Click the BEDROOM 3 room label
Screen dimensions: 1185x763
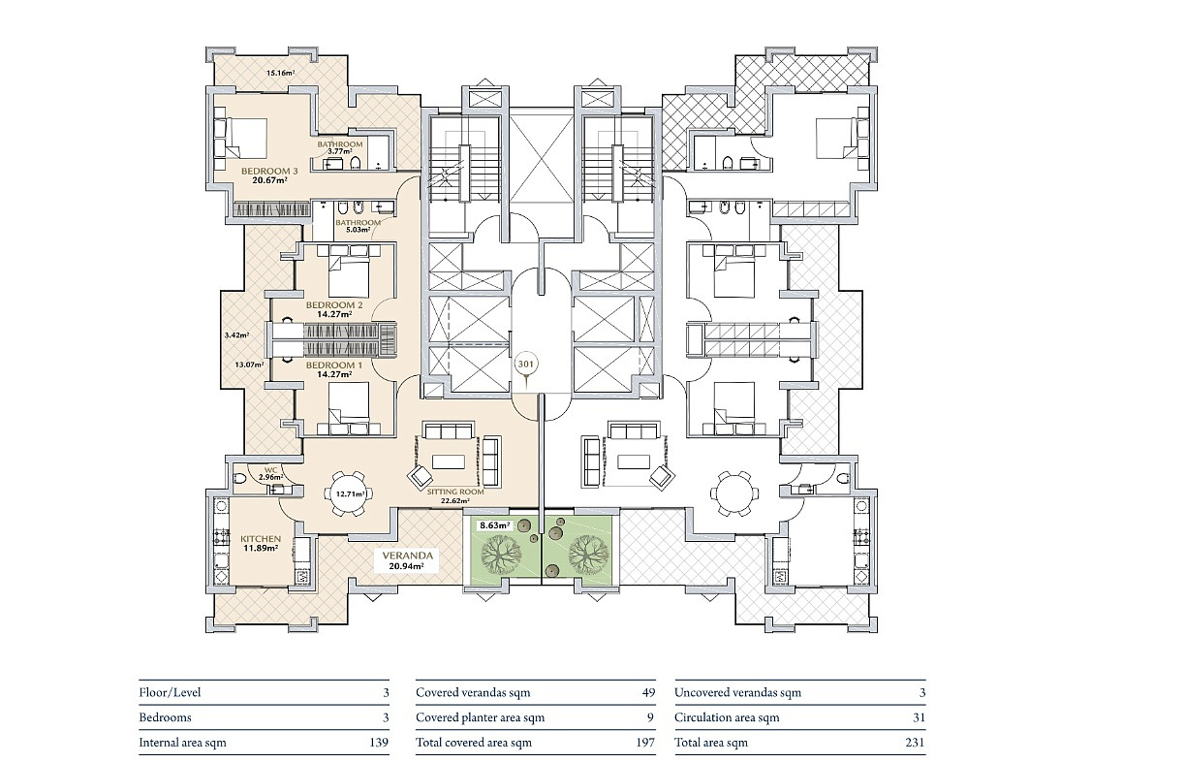click(269, 171)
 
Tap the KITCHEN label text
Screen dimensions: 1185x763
click(261, 538)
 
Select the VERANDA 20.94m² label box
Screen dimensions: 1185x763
click(407, 560)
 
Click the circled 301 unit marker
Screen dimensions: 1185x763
click(525, 365)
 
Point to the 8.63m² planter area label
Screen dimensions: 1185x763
click(495, 525)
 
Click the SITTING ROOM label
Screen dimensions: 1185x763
click(455, 492)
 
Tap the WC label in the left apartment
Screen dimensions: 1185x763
click(270, 469)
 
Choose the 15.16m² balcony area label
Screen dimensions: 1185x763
click(280, 73)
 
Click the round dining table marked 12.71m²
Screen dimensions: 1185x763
click(350, 493)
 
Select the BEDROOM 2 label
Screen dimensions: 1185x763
click(334, 305)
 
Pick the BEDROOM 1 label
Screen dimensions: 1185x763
click(334, 366)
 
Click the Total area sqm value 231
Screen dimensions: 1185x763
click(915, 743)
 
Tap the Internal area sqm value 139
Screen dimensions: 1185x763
click(379, 743)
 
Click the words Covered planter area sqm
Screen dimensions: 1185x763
click(480, 717)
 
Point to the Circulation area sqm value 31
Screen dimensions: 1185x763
click(919, 717)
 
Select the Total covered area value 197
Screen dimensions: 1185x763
click(645, 743)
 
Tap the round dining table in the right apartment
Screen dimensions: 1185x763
click(733, 493)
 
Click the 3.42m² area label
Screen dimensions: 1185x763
click(236, 334)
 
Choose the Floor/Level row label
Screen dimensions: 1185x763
click(170, 692)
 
